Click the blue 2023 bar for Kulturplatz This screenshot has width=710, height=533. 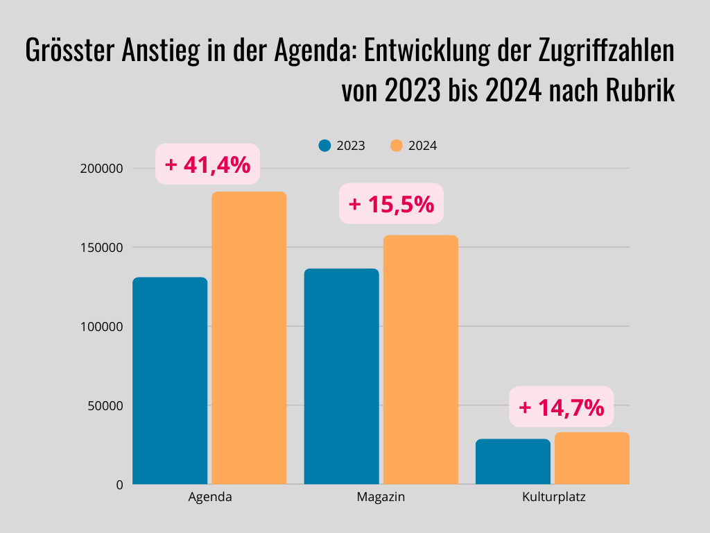coord(513,462)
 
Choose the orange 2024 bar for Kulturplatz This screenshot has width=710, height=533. coord(592,458)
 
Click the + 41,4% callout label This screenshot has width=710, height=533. coord(207,164)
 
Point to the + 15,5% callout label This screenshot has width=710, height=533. coord(391,203)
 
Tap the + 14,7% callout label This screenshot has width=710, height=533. coord(562,407)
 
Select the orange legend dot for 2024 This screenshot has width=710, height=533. coord(397,146)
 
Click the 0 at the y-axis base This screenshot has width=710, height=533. coord(119,485)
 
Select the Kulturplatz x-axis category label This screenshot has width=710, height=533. coord(553,498)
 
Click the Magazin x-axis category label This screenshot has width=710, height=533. coord(381,498)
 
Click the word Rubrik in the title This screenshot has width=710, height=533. coord(642,91)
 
